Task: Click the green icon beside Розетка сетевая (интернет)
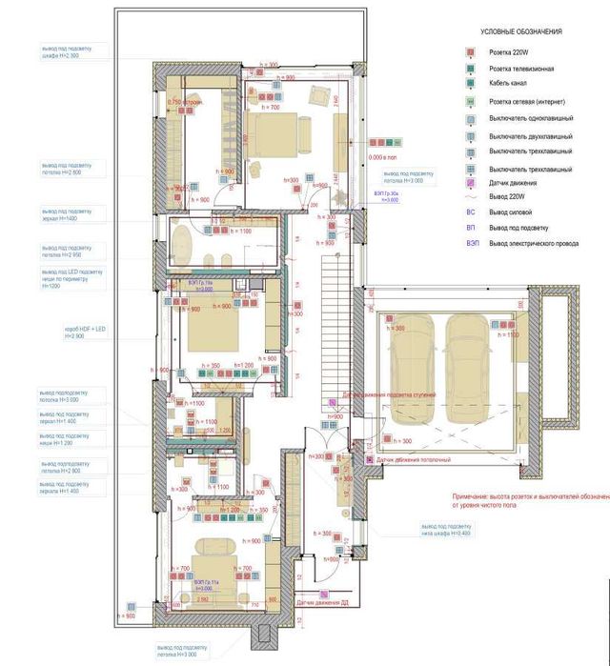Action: tap(471, 102)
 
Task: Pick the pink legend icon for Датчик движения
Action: tap(471, 182)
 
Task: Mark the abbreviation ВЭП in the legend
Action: tap(472, 244)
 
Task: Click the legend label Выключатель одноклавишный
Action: tap(530, 119)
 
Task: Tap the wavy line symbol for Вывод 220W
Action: tap(471, 196)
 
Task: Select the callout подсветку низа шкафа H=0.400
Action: tap(444, 530)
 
